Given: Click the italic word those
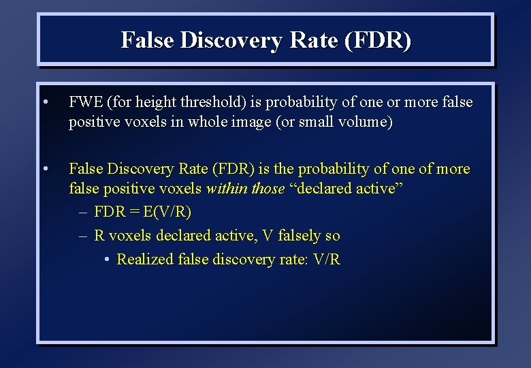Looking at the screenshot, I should tap(268, 189).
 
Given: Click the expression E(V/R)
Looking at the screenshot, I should tap(167, 213).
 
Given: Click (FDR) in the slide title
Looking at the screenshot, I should tap(378, 41).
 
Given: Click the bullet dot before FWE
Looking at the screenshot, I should tap(44, 103).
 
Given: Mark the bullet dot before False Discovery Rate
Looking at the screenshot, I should tap(44, 169).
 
